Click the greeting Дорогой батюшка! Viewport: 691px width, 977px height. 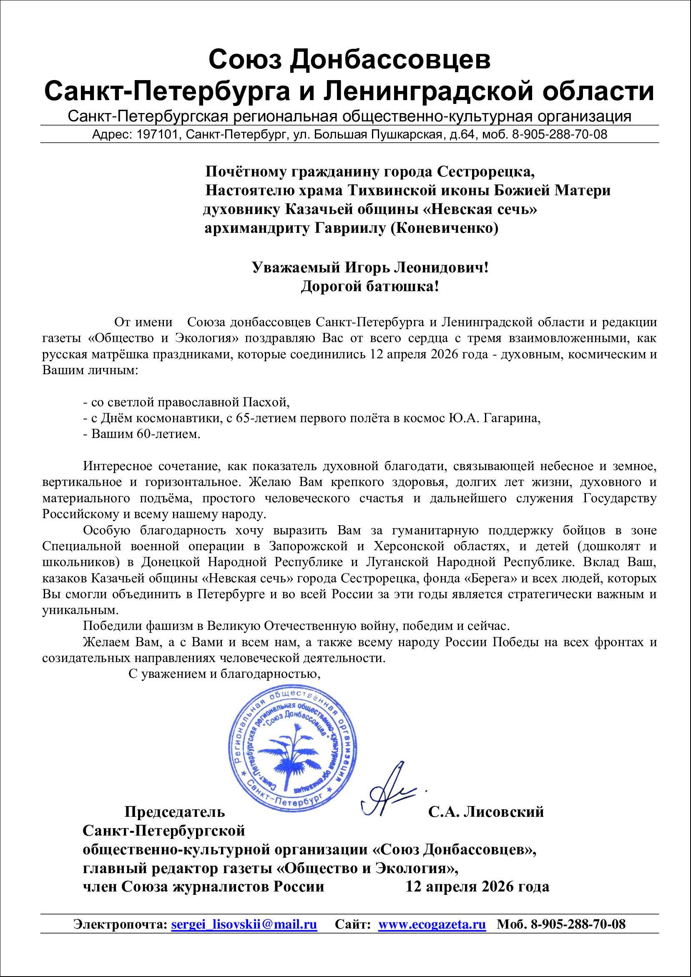pos(369,286)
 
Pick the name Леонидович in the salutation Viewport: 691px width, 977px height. pos(441,267)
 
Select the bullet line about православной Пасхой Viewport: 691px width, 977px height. pos(186,402)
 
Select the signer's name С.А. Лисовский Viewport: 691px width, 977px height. pos(486,811)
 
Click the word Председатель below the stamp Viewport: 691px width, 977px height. pos(174,811)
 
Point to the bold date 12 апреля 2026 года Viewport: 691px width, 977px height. pos(477,886)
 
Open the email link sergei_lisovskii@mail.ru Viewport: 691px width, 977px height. pos(244,924)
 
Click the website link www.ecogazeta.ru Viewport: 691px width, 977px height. pos(432,924)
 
